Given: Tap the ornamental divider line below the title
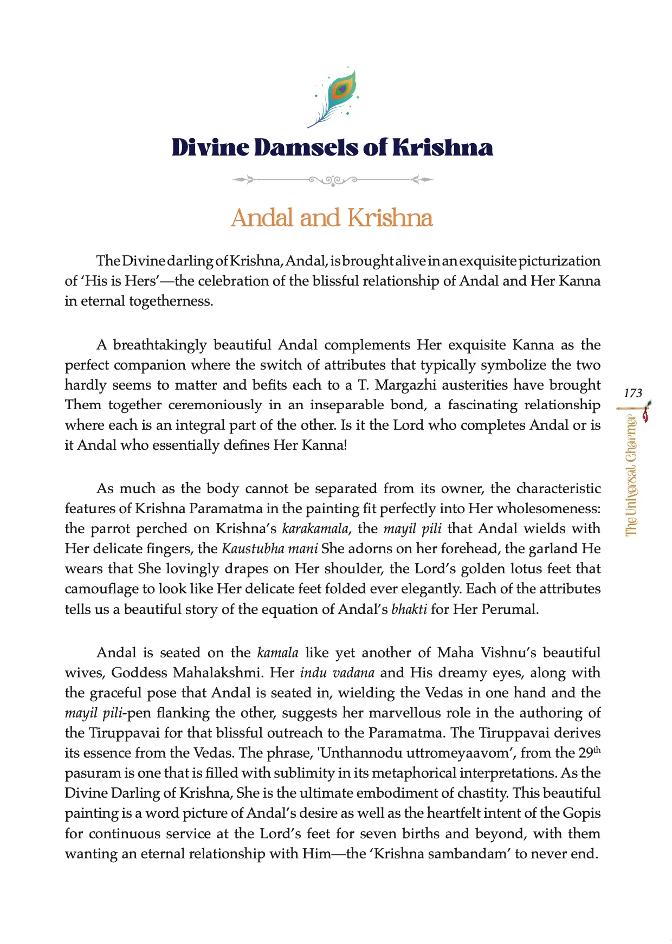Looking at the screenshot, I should [x=333, y=179].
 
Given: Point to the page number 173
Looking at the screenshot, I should [x=632, y=393].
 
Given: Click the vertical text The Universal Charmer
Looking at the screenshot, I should [x=631, y=475].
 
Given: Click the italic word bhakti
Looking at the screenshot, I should [x=409, y=609].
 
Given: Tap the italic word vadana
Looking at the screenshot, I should [x=353, y=673].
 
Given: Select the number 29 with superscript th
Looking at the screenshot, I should [x=589, y=752].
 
